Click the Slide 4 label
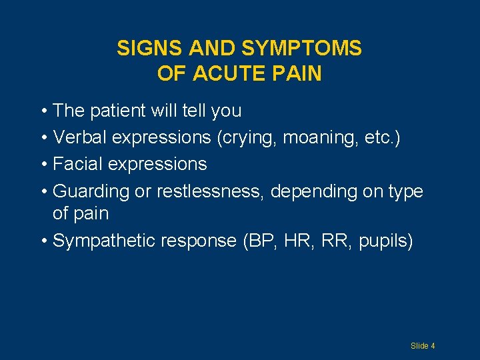click(x=423, y=346)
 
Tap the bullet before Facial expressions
click(x=43, y=165)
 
